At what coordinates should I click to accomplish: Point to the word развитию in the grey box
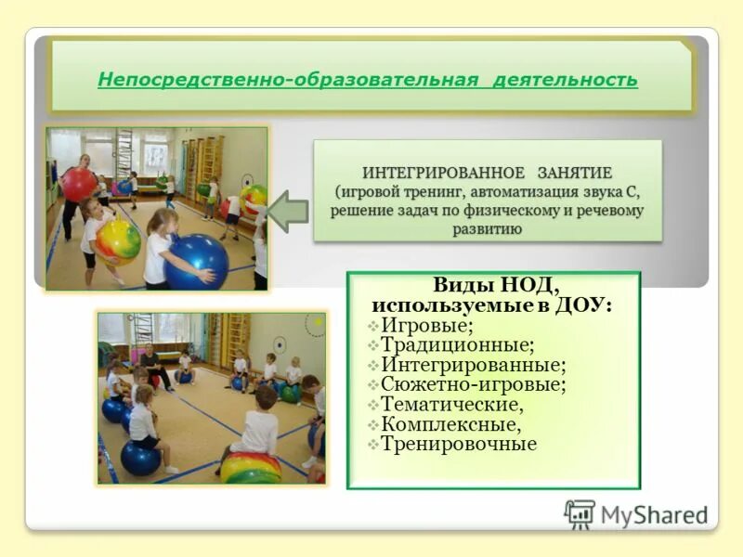coord(486,228)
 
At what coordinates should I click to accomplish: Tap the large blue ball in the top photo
coord(196,259)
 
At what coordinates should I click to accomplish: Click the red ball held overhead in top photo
coord(79,184)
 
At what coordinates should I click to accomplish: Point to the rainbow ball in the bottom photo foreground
coord(250,467)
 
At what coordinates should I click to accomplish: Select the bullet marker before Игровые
coord(372,326)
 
